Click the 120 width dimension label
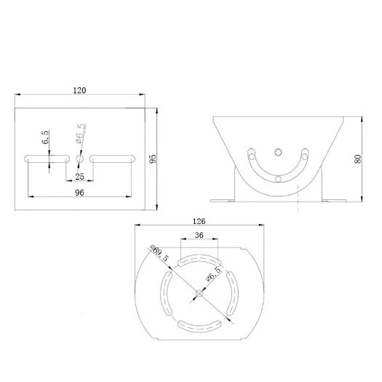[x=80, y=90]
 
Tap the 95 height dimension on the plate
[x=153, y=159]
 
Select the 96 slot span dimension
[x=80, y=193]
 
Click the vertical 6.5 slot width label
[x=45, y=138]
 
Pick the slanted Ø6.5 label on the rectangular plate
[x=81, y=136]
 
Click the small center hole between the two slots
[x=80, y=157]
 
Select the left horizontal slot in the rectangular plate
[x=47, y=157]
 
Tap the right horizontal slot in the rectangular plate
[x=113, y=157]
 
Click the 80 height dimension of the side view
[x=358, y=159]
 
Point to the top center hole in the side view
[x=276, y=152]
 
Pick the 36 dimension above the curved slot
[x=198, y=236]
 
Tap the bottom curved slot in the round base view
[x=198, y=325]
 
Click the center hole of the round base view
[x=198, y=293]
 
